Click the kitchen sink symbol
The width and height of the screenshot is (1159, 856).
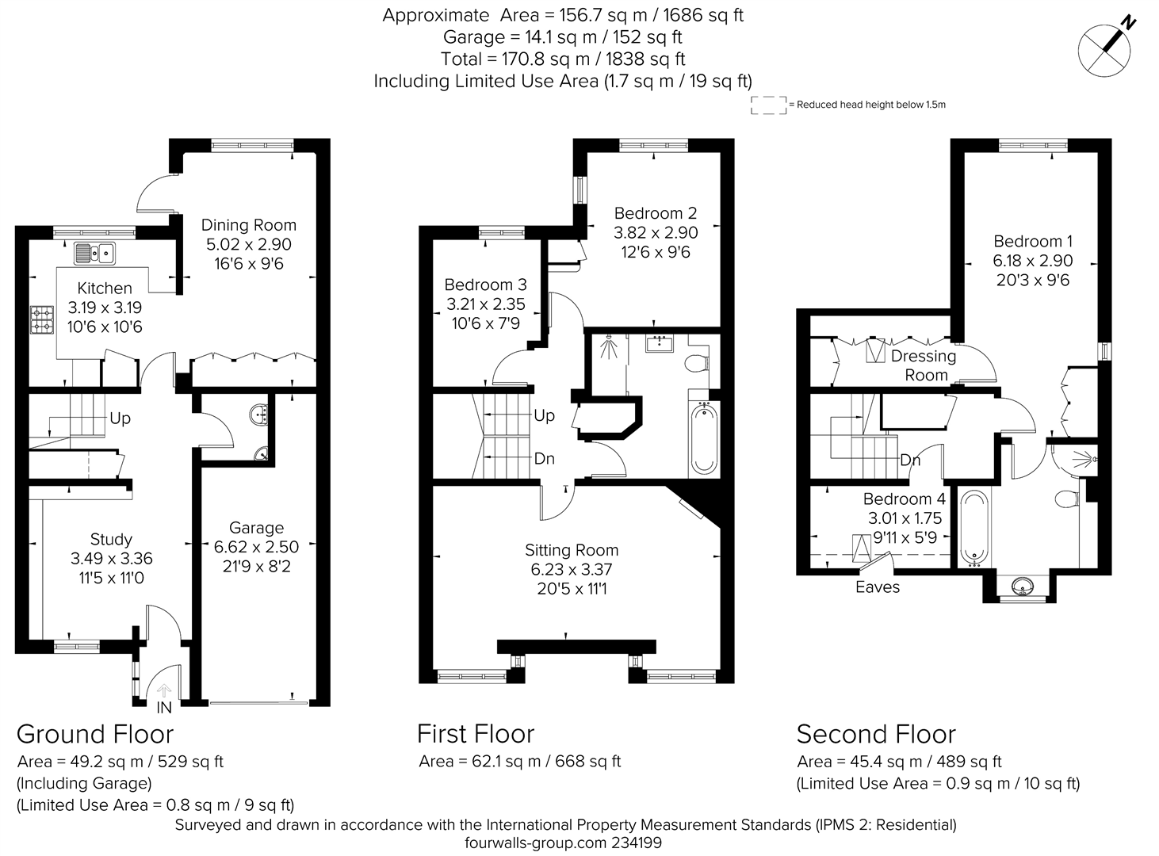click(x=94, y=254)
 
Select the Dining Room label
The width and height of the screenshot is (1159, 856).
click(x=248, y=225)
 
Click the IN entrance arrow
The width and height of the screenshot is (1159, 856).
click(x=164, y=695)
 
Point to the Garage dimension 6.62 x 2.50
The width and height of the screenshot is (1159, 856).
click(x=256, y=547)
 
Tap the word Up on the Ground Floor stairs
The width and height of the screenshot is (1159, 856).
click(x=120, y=418)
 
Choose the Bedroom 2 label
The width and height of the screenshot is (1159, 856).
click(x=655, y=213)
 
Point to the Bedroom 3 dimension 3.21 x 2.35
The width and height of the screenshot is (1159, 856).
click(x=485, y=304)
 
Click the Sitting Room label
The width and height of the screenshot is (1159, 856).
click(x=571, y=550)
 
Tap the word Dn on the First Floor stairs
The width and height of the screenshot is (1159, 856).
click(x=544, y=459)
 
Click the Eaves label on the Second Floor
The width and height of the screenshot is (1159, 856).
click(x=878, y=587)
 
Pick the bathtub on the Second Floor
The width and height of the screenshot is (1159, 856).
click(x=974, y=528)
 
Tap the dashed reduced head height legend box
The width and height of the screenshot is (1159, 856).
click(x=767, y=105)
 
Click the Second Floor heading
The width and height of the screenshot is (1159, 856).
click(x=876, y=734)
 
